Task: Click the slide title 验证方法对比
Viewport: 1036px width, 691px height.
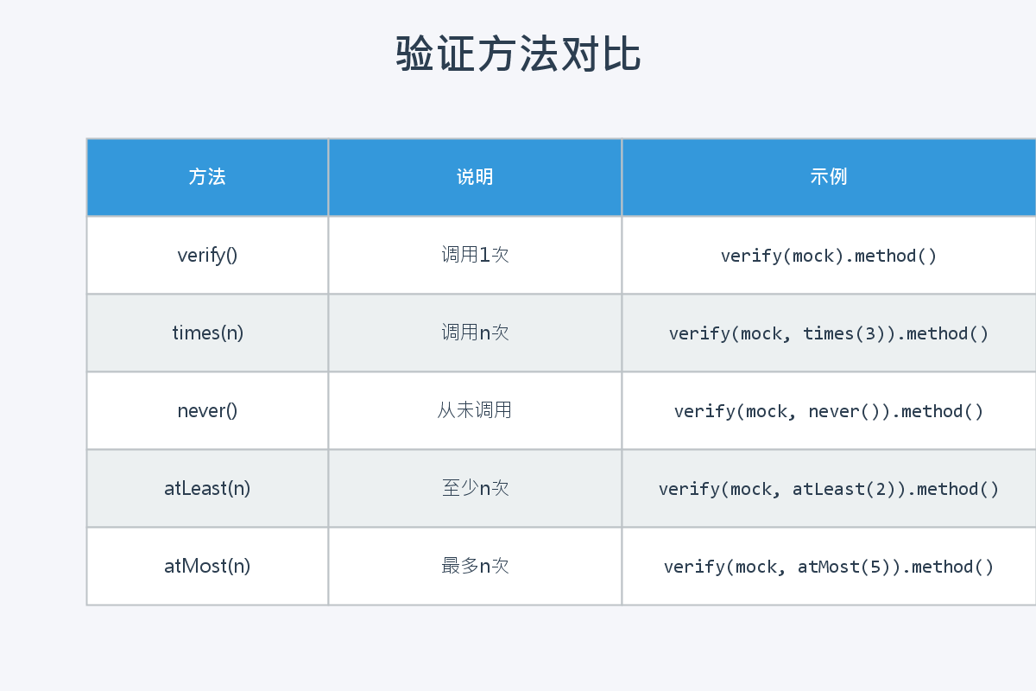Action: [518, 54]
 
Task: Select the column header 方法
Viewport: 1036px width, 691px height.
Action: [207, 177]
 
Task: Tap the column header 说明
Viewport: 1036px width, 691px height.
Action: [475, 177]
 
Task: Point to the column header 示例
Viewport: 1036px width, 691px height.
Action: [829, 177]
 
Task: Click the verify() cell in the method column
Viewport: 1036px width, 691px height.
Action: [207, 255]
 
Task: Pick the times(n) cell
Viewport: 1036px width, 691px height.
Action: [207, 333]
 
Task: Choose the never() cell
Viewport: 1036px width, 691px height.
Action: [207, 410]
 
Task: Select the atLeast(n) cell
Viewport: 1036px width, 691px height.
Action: [207, 488]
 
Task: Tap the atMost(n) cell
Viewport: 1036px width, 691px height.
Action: [207, 566]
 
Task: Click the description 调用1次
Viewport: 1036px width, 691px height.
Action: [475, 255]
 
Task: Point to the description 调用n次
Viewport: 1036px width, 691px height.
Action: [475, 333]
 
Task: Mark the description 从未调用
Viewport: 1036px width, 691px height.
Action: [475, 410]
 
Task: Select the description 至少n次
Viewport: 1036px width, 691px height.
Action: [475, 488]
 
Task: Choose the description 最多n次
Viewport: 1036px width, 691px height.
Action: [475, 566]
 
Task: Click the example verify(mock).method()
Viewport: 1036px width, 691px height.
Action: [829, 256]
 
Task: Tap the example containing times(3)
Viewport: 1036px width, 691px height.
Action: [829, 333]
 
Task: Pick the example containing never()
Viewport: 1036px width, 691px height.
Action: [829, 411]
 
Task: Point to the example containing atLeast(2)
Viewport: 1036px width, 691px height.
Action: [829, 489]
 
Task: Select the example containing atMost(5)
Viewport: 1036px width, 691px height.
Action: [829, 567]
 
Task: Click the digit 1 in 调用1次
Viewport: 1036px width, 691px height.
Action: [484, 256]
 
